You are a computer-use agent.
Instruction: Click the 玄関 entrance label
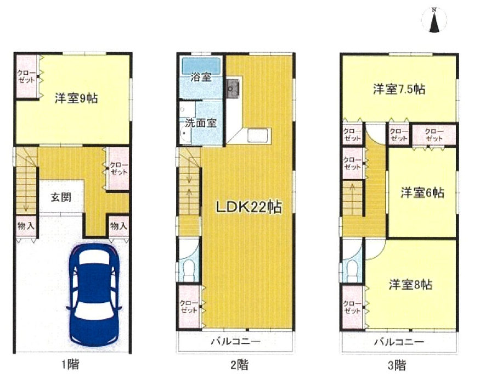(61, 197)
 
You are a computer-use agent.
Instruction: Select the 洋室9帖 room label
(76, 98)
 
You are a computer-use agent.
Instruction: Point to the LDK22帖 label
(249, 207)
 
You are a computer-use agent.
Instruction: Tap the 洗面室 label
(201, 123)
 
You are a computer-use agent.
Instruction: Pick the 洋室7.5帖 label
(399, 89)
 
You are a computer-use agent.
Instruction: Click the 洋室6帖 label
(422, 193)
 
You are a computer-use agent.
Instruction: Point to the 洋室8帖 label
(410, 285)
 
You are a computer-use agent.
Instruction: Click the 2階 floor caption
(239, 365)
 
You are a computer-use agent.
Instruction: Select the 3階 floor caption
(397, 365)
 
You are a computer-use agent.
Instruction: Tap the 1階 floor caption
(70, 364)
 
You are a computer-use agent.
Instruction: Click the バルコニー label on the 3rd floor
(399, 342)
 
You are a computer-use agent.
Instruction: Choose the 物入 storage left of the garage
(26, 226)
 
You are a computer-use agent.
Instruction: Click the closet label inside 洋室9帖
(26, 76)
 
